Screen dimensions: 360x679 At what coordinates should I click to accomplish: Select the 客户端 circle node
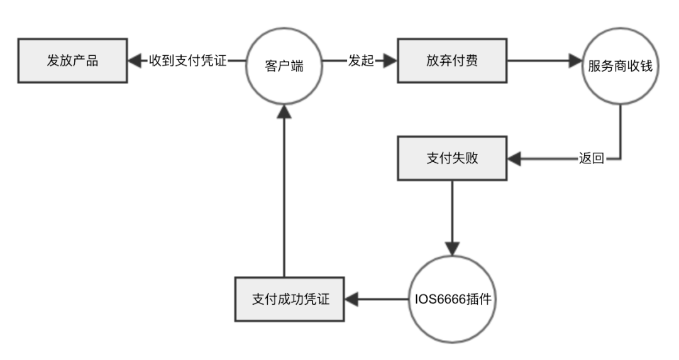284,64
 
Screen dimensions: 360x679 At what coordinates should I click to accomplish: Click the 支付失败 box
452,158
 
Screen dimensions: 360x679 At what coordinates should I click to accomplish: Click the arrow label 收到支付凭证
188,62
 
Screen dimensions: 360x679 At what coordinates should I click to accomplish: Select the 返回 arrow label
591,158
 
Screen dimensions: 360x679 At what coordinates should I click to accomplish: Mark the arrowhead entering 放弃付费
390,62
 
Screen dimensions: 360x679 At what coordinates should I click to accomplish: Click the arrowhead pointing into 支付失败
514,158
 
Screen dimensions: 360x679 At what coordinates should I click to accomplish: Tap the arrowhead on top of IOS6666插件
452,246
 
